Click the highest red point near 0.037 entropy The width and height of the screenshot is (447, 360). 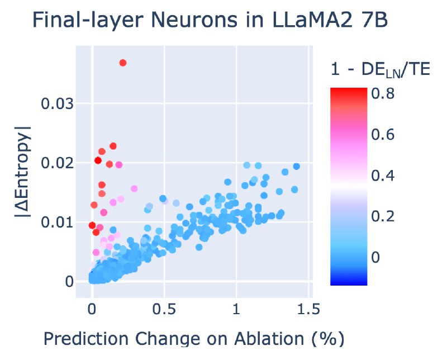[x=123, y=63]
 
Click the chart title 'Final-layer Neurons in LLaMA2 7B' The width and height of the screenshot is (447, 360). [x=211, y=20]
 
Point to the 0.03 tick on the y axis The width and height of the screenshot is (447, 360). [x=57, y=103]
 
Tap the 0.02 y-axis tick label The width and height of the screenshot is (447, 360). [x=57, y=163]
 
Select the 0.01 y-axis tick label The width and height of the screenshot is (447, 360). [x=57, y=222]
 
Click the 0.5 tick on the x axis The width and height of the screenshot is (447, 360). [x=164, y=309]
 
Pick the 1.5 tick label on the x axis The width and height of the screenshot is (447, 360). [x=308, y=309]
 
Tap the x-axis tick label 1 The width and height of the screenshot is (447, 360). [x=236, y=309]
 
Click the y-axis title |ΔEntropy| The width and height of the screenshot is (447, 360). [x=22, y=172]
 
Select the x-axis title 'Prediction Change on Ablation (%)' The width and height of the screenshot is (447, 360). [x=194, y=339]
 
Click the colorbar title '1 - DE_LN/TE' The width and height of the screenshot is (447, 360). [x=381, y=69]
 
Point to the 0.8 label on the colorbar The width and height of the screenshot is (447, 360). [x=383, y=93]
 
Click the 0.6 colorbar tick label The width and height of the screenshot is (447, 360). [x=383, y=134]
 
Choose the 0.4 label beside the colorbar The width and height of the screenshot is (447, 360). [x=383, y=175]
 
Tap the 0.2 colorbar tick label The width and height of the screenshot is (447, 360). [x=383, y=216]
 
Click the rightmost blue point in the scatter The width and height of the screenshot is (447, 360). [x=297, y=167]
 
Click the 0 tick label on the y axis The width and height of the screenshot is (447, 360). [x=69, y=282]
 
